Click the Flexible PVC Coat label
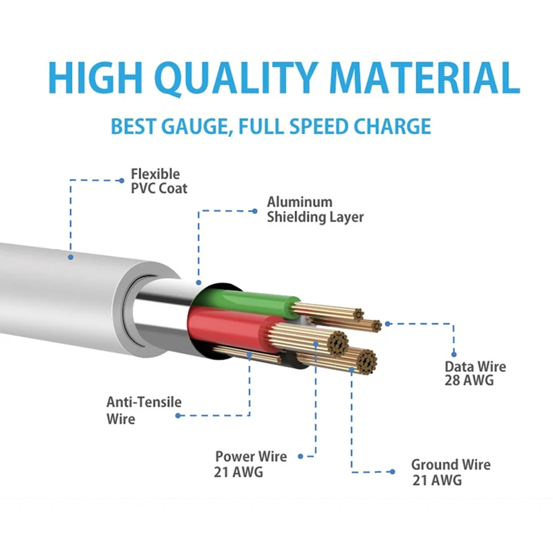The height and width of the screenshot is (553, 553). (158, 180)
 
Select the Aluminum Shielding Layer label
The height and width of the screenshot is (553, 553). (315, 209)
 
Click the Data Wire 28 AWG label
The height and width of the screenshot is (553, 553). (474, 373)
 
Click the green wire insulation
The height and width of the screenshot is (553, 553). (249, 301)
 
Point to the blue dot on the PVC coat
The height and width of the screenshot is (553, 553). (70, 257)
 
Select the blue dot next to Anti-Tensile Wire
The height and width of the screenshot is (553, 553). (178, 415)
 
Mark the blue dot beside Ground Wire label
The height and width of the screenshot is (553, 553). (392, 471)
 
